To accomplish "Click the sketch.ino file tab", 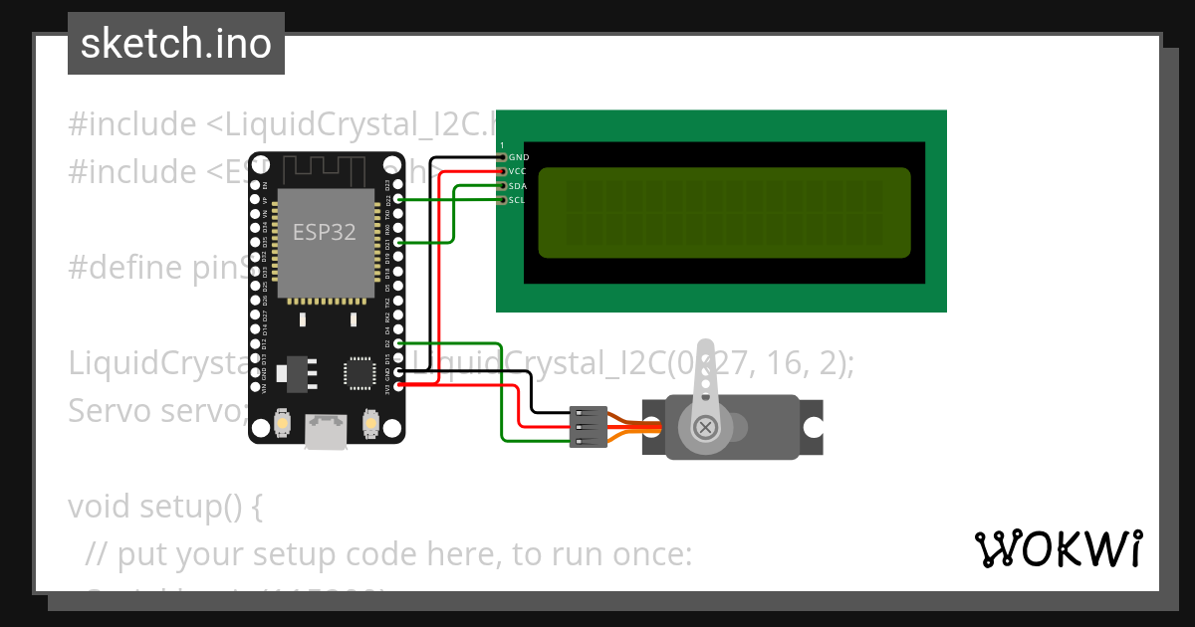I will click(175, 44).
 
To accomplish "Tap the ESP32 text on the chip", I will click(324, 232).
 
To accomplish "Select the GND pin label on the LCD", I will click(519, 157).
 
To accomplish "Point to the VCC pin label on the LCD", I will click(518, 171).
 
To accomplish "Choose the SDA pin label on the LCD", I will click(518, 186).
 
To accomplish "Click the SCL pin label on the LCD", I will click(517, 200).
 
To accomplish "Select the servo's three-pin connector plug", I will click(588, 427).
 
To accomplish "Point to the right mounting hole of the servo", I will click(814, 428).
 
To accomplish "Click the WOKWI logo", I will click(1058, 548).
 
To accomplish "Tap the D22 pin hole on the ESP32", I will click(398, 199).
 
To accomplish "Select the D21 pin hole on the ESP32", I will click(398, 242).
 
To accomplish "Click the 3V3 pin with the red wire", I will click(398, 384).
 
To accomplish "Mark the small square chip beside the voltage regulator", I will click(357, 371).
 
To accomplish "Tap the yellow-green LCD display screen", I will click(724, 212).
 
